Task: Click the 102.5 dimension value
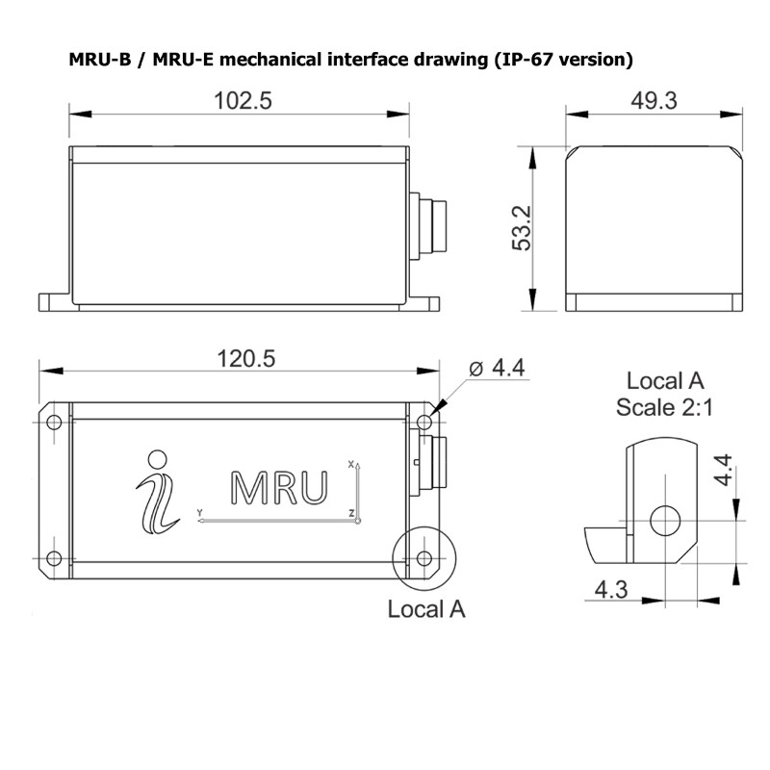(x=241, y=102)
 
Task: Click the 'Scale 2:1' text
(x=664, y=407)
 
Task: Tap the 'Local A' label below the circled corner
(x=425, y=609)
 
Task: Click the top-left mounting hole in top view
(x=54, y=423)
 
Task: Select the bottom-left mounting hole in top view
(x=54, y=558)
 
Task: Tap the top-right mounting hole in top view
(x=424, y=423)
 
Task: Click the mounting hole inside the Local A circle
(x=424, y=558)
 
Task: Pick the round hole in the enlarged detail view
(x=665, y=521)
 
